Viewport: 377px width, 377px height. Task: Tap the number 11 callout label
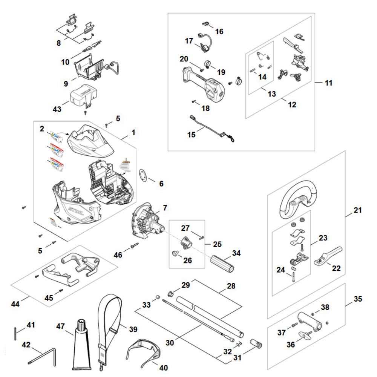[329, 83]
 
